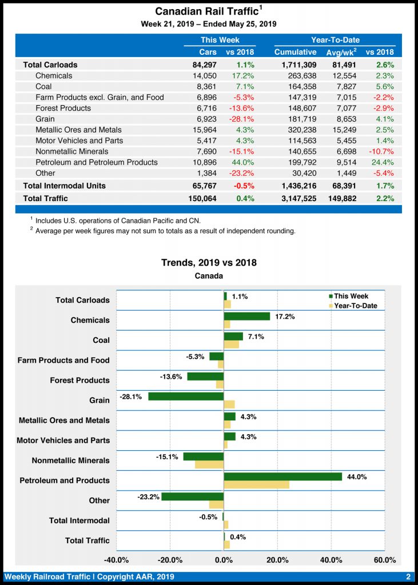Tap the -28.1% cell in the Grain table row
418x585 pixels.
(x=241, y=119)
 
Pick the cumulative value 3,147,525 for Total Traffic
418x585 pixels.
(x=295, y=198)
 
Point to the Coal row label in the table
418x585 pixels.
(x=43, y=86)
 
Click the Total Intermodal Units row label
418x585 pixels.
(x=64, y=186)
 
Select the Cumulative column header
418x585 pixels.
(x=295, y=52)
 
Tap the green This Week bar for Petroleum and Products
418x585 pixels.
(x=282, y=476)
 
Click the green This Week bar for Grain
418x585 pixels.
(x=186, y=396)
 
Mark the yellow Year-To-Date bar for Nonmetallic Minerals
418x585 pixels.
(x=209, y=464)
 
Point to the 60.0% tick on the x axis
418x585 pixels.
(x=384, y=559)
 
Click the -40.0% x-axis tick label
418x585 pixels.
(x=117, y=559)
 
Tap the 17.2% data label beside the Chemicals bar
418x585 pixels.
(x=285, y=316)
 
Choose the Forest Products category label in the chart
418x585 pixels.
(x=79, y=380)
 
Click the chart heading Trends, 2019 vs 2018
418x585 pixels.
(x=209, y=263)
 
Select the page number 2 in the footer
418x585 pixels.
(x=408, y=577)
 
